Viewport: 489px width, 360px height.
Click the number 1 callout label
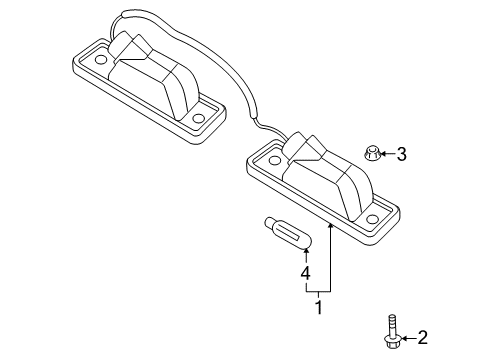320,308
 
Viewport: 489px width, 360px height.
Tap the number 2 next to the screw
422,337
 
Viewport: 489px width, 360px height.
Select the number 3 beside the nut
401,154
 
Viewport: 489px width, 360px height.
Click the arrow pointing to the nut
387,154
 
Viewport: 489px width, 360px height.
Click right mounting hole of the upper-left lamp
198,120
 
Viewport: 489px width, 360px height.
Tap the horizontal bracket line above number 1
319,290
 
